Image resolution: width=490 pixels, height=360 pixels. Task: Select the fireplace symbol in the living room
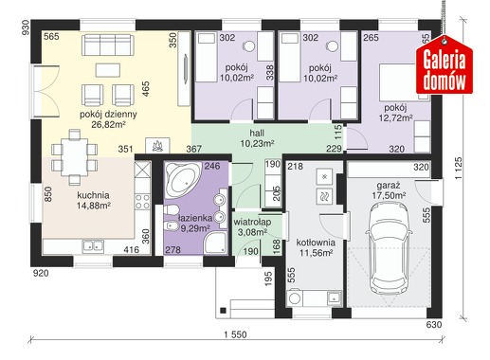(x=157, y=146)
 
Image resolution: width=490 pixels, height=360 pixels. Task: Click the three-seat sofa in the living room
(x=107, y=45)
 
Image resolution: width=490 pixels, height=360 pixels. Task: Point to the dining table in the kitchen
(x=75, y=157)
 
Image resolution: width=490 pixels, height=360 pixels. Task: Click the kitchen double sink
(x=93, y=245)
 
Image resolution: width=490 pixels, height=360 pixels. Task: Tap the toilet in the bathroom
(x=171, y=210)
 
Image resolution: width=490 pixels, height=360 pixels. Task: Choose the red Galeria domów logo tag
(x=445, y=65)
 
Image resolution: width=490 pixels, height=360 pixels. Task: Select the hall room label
(x=257, y=134)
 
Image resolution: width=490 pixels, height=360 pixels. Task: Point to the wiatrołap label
(x=252, y=222)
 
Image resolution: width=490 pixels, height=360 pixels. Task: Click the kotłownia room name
(x=316, y=243)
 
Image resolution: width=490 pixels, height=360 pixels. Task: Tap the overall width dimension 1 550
(x=235, y=334)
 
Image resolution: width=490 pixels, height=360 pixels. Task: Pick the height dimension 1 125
(x=459, y=169)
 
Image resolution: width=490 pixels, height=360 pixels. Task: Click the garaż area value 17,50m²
(x=389, y=195)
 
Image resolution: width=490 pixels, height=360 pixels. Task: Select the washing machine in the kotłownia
(x=295, y=297)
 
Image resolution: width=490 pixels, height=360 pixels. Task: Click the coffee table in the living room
(x=108, y=70)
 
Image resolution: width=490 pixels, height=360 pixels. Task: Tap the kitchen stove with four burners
(x=142, y=202)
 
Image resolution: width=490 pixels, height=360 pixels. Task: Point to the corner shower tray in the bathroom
(x=215, y=243)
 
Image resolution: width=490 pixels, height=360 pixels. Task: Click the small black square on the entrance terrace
(x=223, y=310)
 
